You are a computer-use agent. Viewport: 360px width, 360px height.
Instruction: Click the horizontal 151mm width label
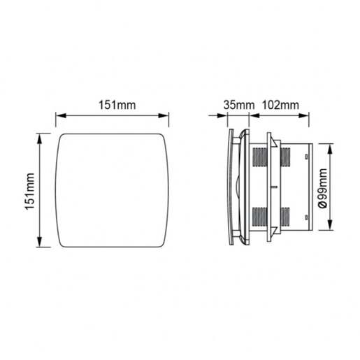pyautogui.click(x=113, y=105)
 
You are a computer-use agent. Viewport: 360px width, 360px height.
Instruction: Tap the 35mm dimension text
pyautogui.click(x=239, y=105)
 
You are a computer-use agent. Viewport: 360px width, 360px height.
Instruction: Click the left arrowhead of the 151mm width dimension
pyautogui.click(x=59, y=115)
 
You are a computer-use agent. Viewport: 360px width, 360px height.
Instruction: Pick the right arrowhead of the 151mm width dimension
pyautogui.click(x=165, y=115)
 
